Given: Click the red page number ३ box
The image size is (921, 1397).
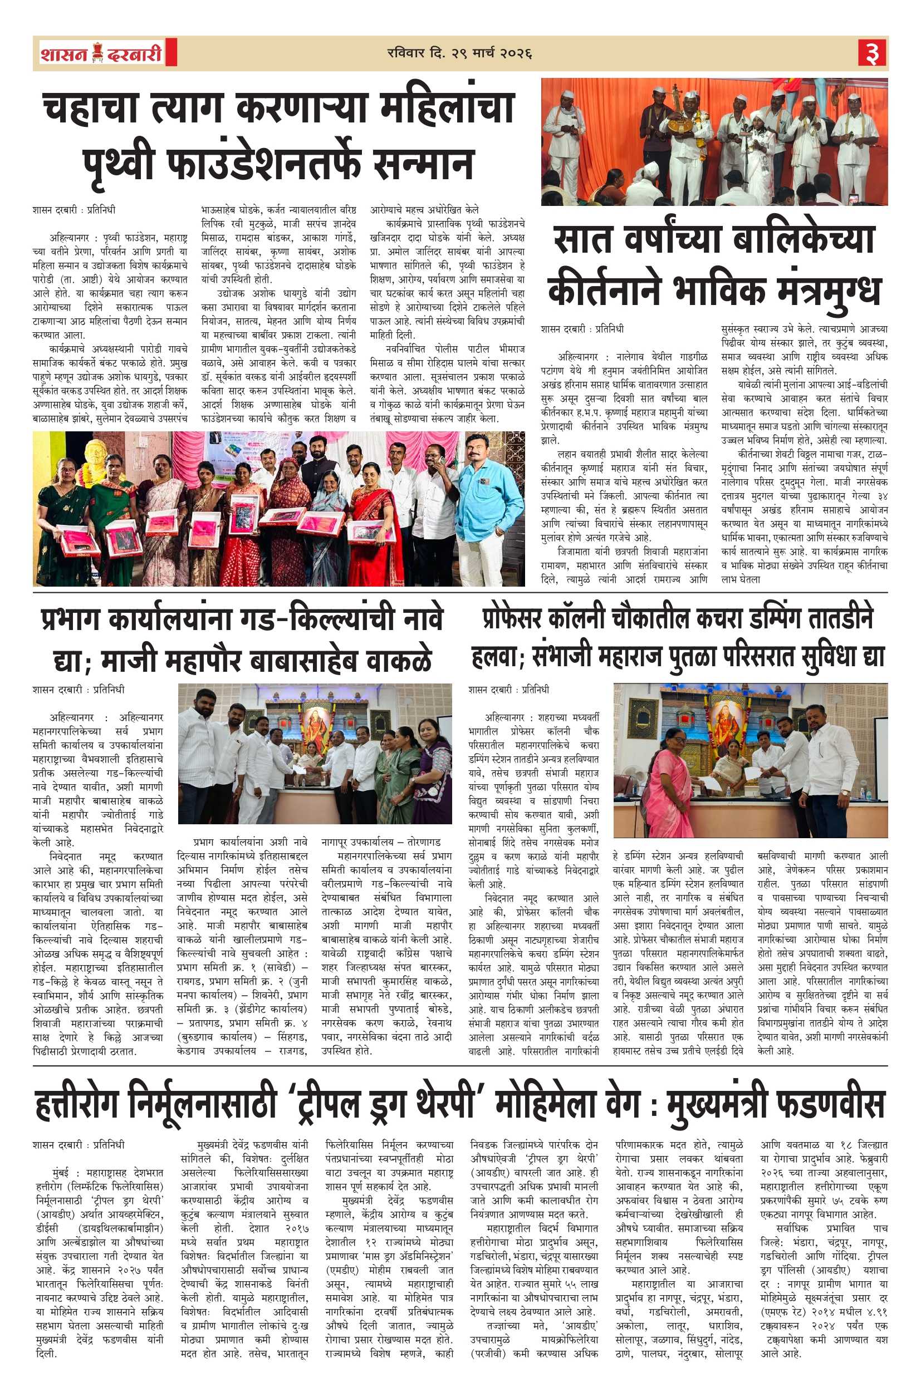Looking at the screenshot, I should [872, 53].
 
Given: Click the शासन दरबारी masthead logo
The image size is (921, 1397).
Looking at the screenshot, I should [101, 53].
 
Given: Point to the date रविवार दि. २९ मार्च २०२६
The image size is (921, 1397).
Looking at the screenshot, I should [459, 53].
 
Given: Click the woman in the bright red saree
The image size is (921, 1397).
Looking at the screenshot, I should [372, 517].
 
